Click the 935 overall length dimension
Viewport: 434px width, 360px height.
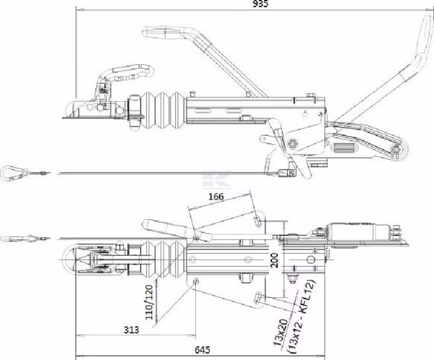(260, 4)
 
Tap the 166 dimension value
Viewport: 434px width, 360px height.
(216, 197)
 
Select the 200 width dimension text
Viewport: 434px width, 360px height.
(275, 260)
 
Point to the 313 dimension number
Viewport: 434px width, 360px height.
(131, 330)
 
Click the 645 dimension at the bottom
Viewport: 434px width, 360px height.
(203, 350)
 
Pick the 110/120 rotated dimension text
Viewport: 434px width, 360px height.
(149, 302)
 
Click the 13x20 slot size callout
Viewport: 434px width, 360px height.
(281, 333)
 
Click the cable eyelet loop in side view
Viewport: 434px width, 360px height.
(11, 173)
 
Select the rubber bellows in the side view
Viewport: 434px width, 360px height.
(163, 110)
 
